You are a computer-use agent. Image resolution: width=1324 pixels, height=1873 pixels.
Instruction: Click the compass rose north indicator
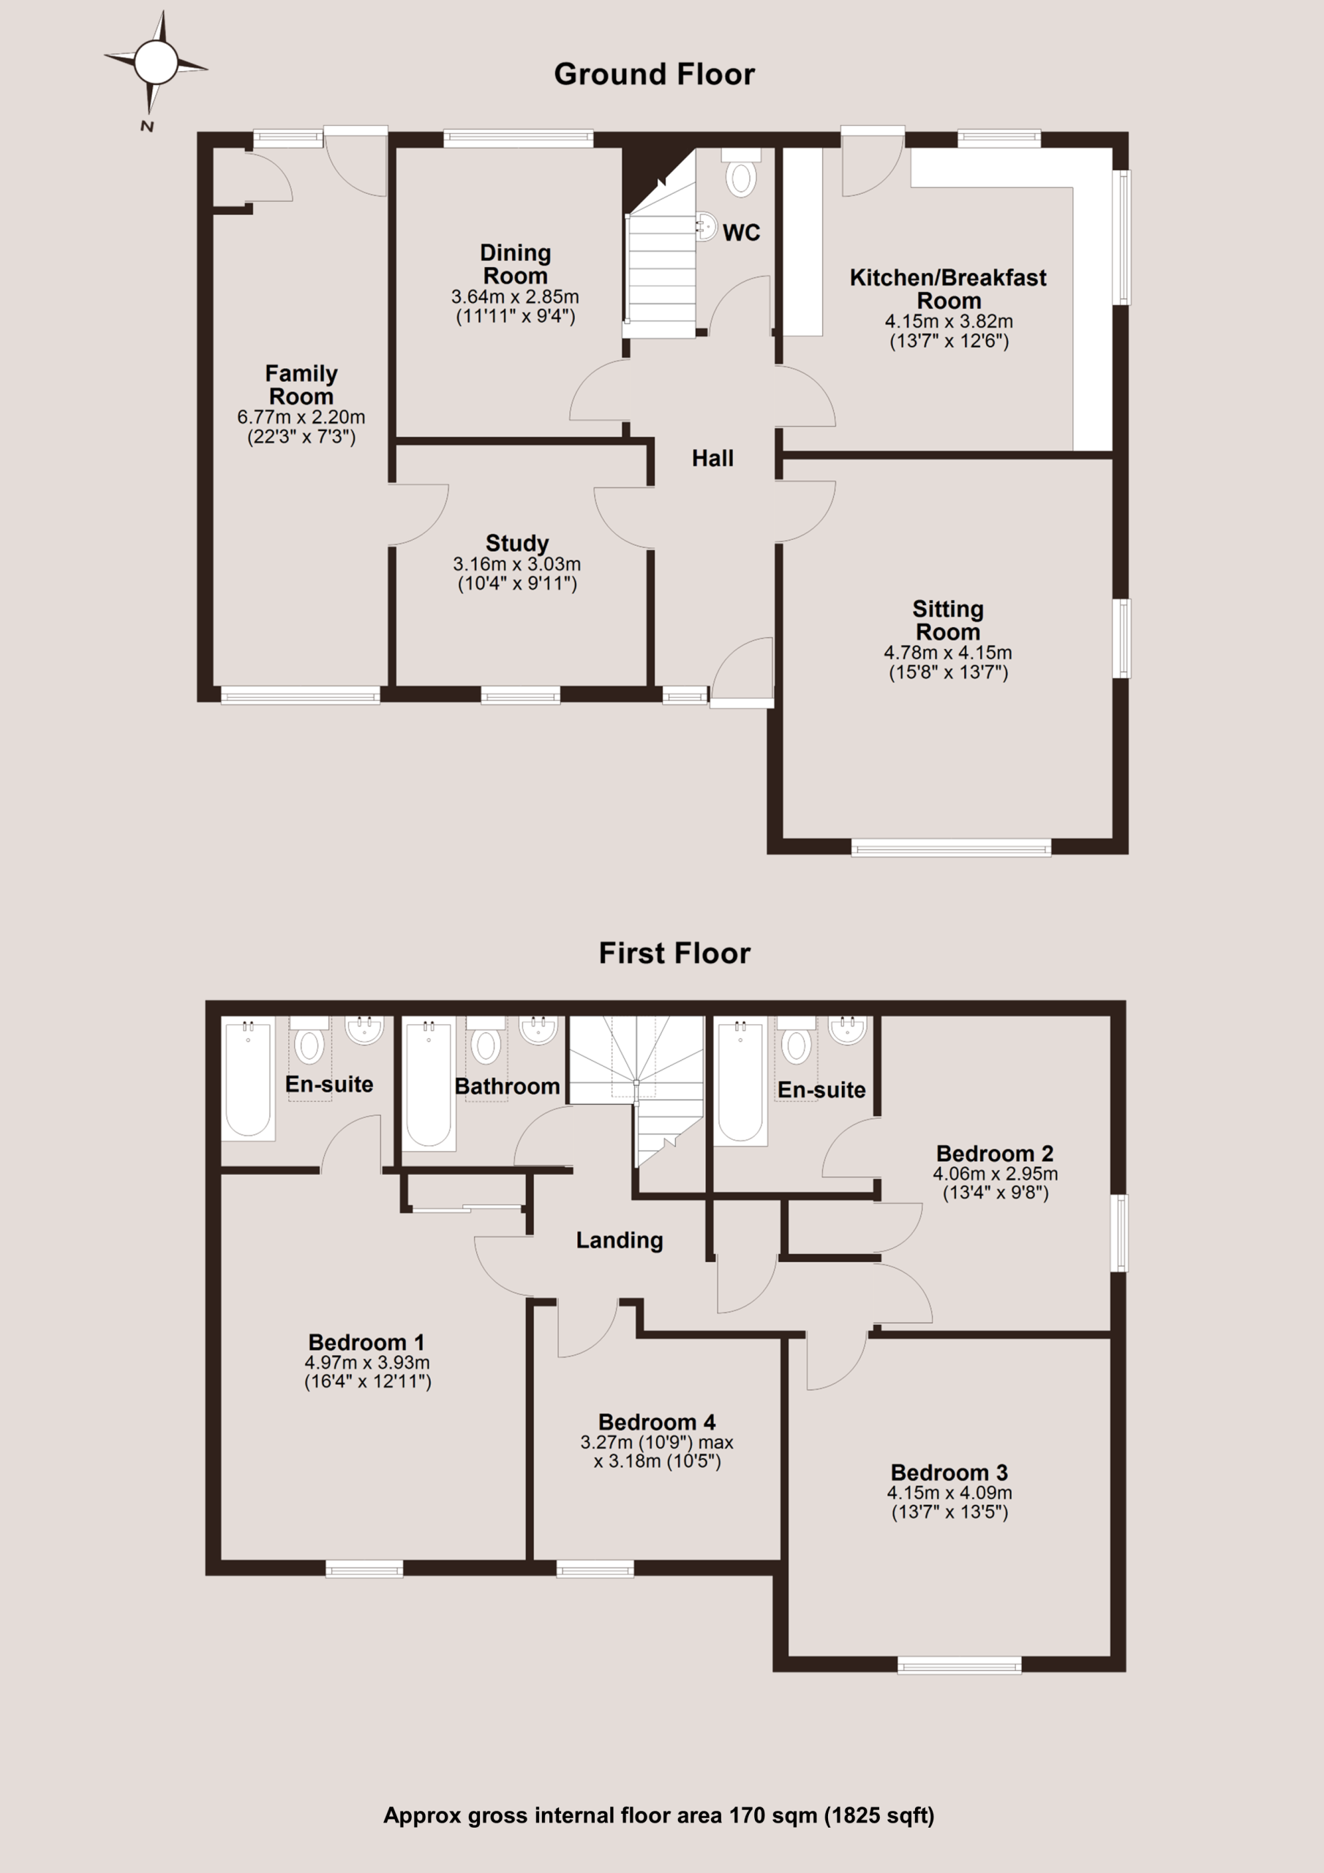click(x=155, y=63)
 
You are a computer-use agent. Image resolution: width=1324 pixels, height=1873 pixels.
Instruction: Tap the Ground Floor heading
click(x=654, y=74)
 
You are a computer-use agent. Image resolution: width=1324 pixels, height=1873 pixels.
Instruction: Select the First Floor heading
click(x=674, y=953)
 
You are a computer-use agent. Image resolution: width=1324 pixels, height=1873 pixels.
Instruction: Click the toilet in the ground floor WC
click(x=741, y=173)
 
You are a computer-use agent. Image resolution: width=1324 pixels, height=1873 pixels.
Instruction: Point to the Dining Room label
click(x=516, y=264)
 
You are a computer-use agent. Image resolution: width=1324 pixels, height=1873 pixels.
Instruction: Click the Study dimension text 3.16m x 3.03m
click(x=517, y=563)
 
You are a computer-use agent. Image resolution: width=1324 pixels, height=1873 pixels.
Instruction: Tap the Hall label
click(x=712, y=459)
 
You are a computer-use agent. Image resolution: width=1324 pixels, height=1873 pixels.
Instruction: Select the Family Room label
click(x=301, y=385)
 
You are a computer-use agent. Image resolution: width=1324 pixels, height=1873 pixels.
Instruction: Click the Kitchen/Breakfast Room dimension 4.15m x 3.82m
click(x=949, y=321)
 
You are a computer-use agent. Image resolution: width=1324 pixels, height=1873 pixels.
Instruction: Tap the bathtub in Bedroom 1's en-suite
click(x=248, y=1078)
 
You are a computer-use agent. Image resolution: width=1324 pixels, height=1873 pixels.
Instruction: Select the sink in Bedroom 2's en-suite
click(x=847, y=1029)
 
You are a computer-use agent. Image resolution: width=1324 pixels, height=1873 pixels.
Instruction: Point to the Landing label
click(x=619, y=1241)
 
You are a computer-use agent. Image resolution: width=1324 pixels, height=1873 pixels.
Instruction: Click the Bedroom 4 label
click(x=657, y=1422)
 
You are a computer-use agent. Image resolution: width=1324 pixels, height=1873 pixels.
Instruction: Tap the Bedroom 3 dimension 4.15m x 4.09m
click(x=949, y=1492)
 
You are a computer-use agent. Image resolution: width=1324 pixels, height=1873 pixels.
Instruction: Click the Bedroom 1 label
click(x=366, y=1342)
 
